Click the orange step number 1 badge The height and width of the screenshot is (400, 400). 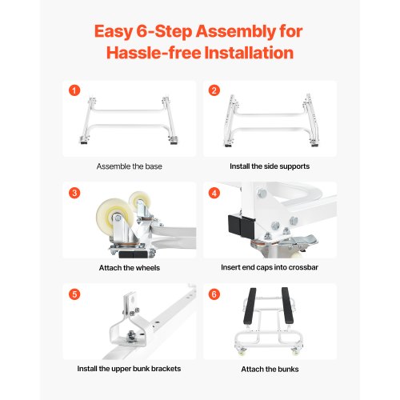pos(74,90)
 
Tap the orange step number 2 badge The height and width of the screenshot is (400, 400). pos(214,90)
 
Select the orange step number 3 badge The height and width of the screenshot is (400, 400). pos(74,193)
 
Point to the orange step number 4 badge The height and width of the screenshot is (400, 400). pos(214,193)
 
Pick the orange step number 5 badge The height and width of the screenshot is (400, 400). pos(74,294)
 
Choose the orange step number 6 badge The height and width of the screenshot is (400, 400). pos(214,294)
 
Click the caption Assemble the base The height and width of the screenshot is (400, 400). pos(130,166)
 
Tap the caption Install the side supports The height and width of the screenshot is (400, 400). pos(270,166)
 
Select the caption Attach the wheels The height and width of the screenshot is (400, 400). pos(130,268)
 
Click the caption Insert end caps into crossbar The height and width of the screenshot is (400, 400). pos(270,267)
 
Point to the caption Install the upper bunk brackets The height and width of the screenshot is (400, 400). pos(129,369)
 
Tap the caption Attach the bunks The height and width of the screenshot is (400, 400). pos(270,369)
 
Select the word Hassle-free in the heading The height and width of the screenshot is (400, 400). pos(154,53)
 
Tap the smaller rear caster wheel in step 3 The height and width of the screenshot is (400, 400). pos(139,202)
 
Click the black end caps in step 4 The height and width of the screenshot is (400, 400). pos(240,224)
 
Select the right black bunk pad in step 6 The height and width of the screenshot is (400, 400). pos(287,306)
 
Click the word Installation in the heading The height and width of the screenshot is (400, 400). pos(249,53)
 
